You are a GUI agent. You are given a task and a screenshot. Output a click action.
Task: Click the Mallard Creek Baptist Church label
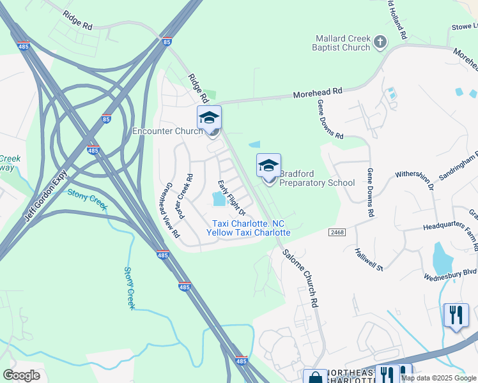pyautogui.click(x=341, y=43)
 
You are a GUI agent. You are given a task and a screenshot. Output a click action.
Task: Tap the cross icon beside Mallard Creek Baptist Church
pyautogui.click(x=380, y=43)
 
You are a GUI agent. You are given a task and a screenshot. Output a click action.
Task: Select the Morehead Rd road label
pyautogui.click(x=318, y=93)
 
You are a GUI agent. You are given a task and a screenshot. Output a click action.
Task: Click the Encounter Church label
pyautogui.click(x=167, y=131)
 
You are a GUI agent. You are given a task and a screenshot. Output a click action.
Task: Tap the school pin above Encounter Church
pyautogui.click(x=209, y=119)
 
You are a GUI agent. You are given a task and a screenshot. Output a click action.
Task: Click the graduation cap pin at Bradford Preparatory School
pyautogui.click(x=268, y=167)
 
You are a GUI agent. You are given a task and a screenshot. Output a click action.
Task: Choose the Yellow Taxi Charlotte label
pyautogui.click(x=248, y=233)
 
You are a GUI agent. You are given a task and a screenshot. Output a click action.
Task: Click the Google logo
pyautogui.click(x=22, y=375)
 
